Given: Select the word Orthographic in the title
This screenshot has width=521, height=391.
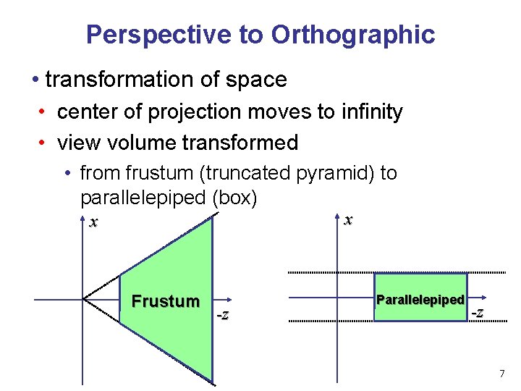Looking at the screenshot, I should (x=353, y=35).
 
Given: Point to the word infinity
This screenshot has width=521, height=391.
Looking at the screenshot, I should (x=367, y=112).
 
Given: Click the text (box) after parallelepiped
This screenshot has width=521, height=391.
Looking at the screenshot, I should (x=237, y=197).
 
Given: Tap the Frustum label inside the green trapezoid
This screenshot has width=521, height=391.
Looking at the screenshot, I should (x=165, y=301).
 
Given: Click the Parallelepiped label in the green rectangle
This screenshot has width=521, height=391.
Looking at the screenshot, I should (x=420, y=300).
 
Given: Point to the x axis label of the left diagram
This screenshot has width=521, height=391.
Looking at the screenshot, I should (x=93, y=222).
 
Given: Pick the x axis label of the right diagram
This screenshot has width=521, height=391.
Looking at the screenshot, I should (x=348, y=219).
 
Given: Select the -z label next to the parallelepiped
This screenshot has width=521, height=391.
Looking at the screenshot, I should (x=478, y=312).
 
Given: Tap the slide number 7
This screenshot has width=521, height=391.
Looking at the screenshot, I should (x=501, y=374).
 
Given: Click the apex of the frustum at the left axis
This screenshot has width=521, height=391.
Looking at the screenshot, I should (x=83, y=298).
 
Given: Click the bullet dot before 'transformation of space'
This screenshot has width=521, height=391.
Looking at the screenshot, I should (x=35, y=79).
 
